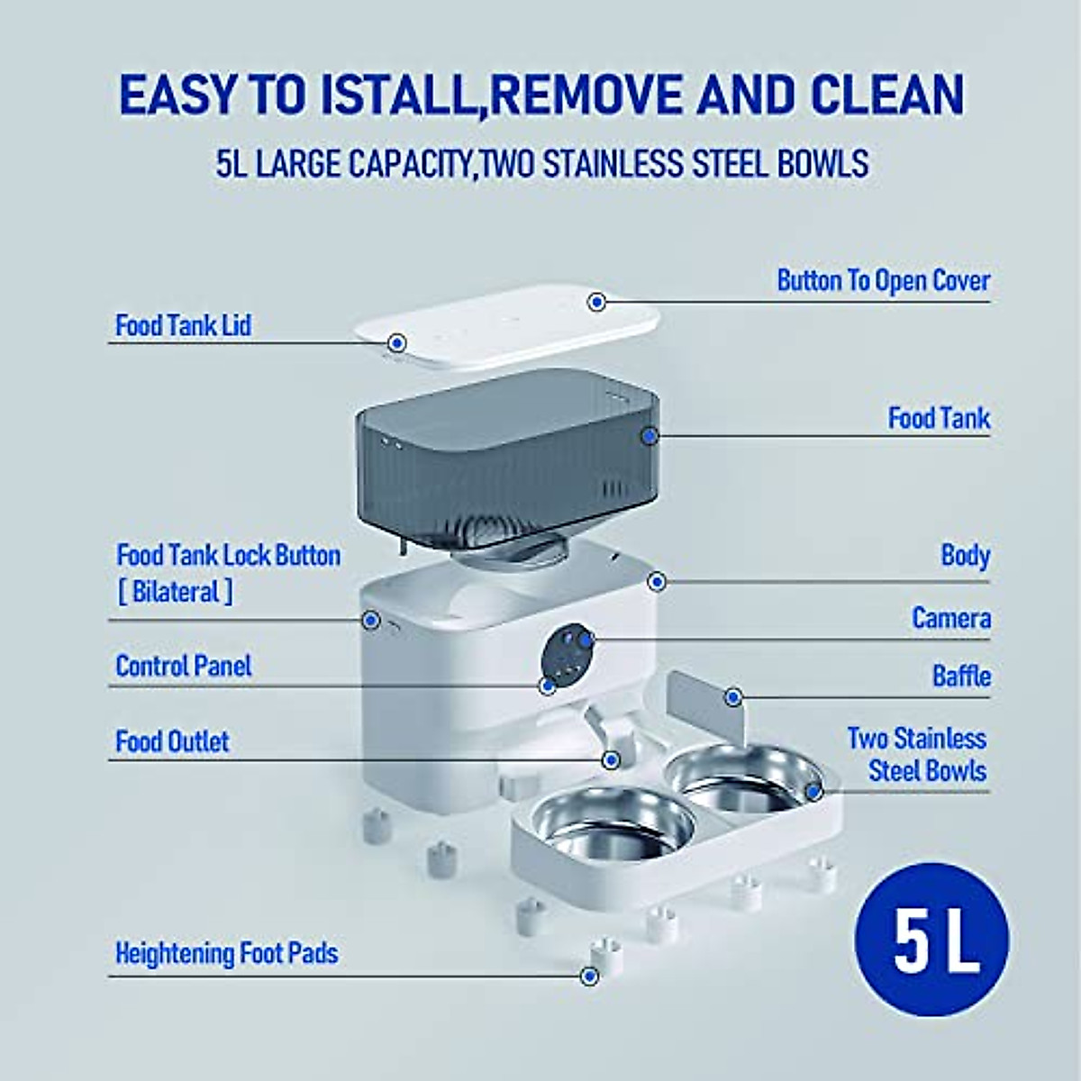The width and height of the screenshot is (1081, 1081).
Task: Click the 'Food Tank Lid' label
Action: [183, 325]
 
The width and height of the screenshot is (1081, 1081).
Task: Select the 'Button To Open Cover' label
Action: [883, 280]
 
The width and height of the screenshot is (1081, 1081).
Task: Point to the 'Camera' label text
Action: [950, 618]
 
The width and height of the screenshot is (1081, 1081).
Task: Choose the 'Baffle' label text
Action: [961, 676]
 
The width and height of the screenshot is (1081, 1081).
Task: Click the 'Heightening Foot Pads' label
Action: [226, 953]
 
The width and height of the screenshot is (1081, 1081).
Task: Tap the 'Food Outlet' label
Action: [172, 741]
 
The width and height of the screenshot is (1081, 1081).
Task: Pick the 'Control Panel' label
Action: [183, 666]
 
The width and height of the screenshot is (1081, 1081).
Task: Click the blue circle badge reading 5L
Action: [931, 940]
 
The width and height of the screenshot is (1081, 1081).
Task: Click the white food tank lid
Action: [504, 329]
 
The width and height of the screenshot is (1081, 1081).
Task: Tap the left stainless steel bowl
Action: [613, 824]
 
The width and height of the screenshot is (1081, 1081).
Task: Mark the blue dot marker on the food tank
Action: [650, 436]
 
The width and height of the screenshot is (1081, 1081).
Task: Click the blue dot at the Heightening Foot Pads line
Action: [589, 976]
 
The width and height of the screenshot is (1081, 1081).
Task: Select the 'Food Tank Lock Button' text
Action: [228, 555]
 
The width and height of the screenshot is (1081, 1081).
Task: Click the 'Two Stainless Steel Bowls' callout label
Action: [917, 755]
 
